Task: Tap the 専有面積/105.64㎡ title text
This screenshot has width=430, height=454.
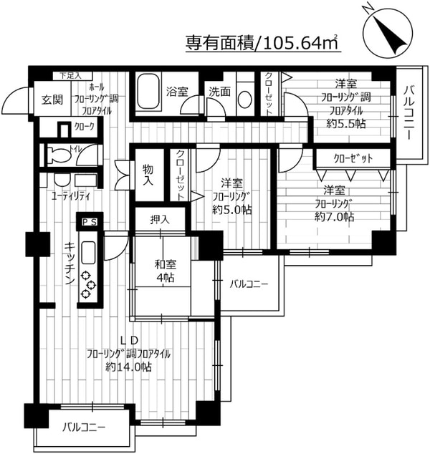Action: point(262,42)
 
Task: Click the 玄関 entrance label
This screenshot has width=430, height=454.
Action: point(50,100)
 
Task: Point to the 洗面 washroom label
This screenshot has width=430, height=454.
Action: point(219,92)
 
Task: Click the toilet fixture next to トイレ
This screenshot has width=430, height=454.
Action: point(59,155)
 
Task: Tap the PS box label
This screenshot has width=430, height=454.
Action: point(90,223)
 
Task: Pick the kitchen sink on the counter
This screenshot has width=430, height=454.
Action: point(89,253)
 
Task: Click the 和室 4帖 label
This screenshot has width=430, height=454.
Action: point(166,271)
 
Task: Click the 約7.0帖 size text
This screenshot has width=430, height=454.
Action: point(334,216)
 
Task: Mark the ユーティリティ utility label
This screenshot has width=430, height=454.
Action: point(70,194)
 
